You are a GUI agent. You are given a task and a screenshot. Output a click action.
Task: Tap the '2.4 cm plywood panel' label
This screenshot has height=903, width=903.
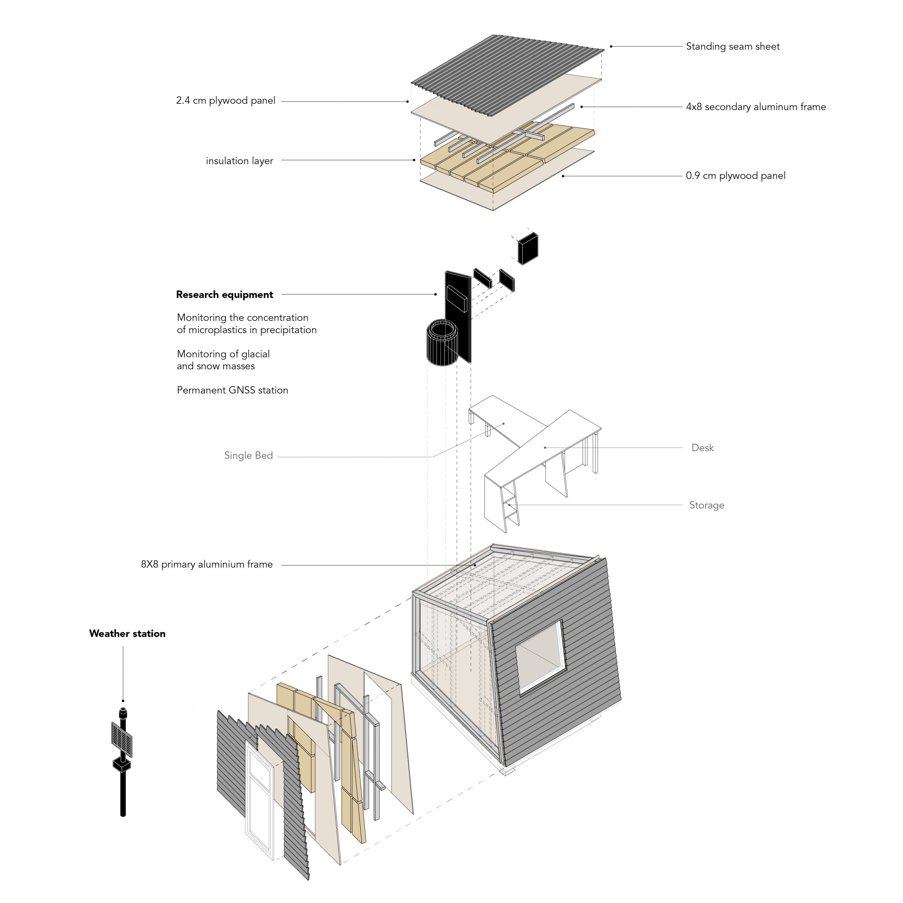point(226,101)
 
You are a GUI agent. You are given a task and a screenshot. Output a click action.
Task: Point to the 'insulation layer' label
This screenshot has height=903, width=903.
point(239,161)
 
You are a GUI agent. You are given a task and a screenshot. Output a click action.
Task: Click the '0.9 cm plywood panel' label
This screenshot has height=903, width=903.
point(735,176)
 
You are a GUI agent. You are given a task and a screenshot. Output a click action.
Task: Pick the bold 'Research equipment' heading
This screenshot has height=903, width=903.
point(224,295)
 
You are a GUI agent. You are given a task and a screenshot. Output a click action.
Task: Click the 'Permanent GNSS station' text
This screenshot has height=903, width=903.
point(232,390)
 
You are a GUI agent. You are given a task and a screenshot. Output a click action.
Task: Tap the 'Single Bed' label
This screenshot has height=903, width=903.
point(248,456)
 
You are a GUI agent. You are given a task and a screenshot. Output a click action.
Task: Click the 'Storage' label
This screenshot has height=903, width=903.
point(707,505)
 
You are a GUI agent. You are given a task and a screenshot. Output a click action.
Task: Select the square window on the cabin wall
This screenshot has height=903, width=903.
point(540,656)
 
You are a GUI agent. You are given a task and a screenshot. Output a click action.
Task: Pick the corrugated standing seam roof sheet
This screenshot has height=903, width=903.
point(507,66)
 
